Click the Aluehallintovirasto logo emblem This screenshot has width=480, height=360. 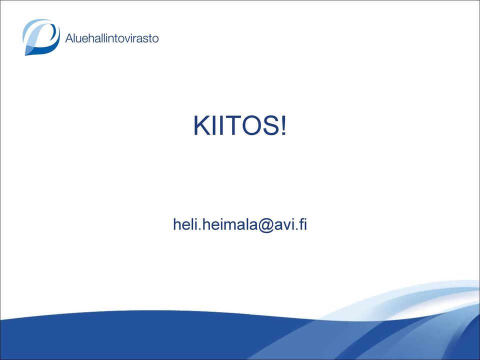tap(40, 37)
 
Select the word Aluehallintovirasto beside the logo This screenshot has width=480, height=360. tap(112, 38)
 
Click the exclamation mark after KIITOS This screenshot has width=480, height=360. tap(284, 125)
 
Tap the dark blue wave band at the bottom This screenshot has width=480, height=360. tap(153, 336)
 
